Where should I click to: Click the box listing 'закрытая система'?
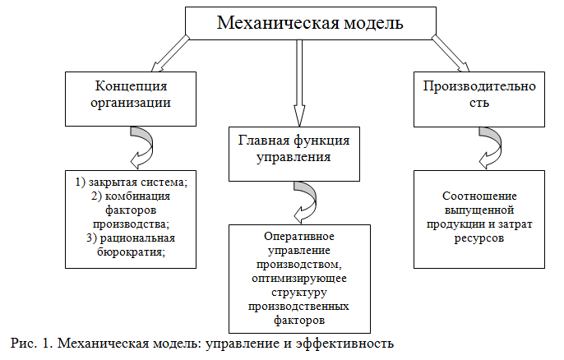tap(132, 217)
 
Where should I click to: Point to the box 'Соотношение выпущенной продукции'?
tap(478, 217)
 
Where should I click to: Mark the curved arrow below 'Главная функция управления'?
tap(304, 195)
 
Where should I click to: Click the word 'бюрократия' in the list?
tap(132, 252)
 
